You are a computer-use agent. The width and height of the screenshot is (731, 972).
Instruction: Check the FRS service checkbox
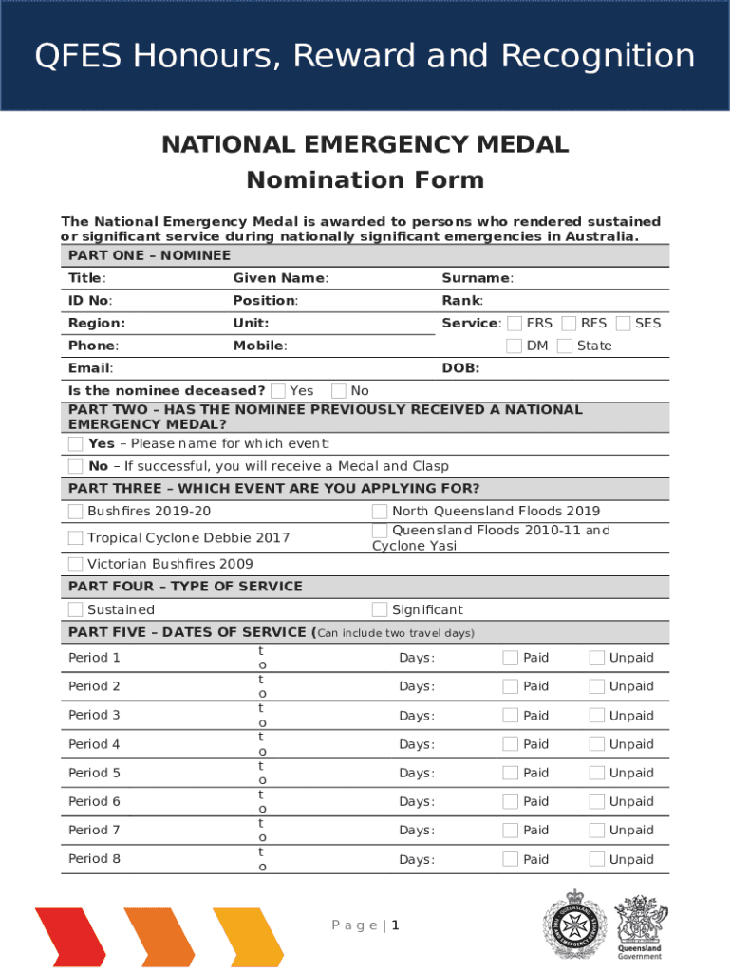click(514, 324)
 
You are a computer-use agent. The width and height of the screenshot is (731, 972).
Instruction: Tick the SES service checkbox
click(623, 324)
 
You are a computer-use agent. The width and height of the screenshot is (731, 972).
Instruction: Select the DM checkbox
click(514, 346)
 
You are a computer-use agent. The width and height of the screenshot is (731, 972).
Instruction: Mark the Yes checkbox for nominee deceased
click(278, 391)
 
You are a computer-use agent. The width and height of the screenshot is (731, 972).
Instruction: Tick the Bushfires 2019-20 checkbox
click(76, 513)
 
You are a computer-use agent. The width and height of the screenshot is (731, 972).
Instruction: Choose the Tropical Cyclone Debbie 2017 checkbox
click(76, 538)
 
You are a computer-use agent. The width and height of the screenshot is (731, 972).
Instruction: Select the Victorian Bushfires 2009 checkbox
click(76, 565)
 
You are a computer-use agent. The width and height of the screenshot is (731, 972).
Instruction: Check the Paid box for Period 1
click(511, 658)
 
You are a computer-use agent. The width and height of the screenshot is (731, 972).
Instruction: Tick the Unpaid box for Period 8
click(597, 859)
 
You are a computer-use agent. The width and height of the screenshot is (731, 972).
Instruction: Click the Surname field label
click(477, 278)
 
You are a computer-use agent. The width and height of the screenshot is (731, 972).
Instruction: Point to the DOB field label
click(460, 368)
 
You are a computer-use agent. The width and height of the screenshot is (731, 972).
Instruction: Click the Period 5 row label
click(94, 773)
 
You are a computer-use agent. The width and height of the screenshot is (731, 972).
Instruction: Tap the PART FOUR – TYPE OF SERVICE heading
click(185, 587)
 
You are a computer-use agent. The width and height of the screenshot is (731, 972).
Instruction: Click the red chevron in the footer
click(71, 936)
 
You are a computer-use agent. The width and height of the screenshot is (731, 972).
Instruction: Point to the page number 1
click(395, 925)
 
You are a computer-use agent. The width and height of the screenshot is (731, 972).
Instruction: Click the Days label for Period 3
click(417, 716)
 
